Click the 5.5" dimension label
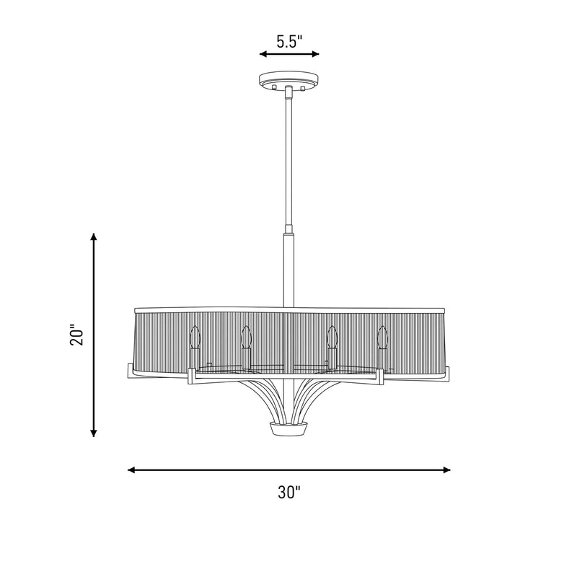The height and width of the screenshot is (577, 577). click(289, 42)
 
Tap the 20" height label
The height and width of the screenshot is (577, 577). click(77, 335)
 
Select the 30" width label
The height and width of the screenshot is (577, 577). click(289, 493)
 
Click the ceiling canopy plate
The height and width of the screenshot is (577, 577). click(289, 80)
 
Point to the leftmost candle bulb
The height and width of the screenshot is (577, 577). click(194, 337)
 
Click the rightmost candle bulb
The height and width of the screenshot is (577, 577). click(383, 337)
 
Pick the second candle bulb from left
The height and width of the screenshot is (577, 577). click(246, 337)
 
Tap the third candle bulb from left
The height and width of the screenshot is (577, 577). click(332, 337)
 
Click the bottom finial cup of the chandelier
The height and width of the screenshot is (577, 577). click(289, 428)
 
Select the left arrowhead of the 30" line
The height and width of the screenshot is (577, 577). click(131, 470)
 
